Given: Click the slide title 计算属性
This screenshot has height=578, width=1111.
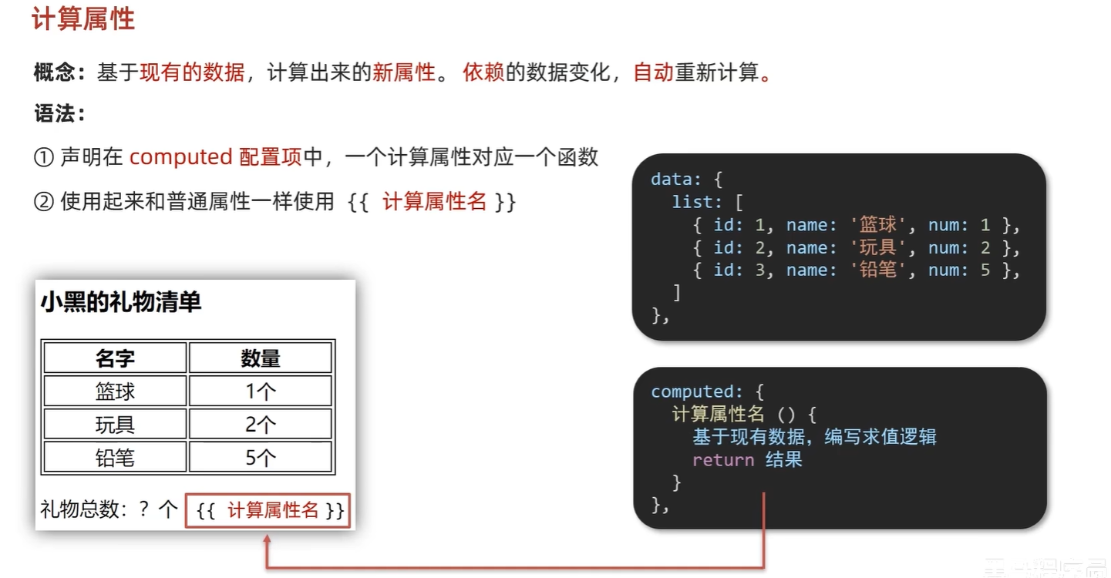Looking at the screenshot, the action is (x=83, y=19).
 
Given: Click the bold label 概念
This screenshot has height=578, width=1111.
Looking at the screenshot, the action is (x=54, y=73).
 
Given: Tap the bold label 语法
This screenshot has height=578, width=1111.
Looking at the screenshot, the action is (x=54, y=115).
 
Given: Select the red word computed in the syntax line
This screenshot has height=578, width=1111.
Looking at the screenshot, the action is (x=180, y=157).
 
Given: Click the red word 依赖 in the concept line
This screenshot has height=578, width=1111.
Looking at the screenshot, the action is (x=483, y=73).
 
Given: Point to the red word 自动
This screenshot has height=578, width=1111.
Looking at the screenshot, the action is (x=653, y=73).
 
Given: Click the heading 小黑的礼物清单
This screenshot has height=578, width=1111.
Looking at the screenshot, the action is (x=121, y=302).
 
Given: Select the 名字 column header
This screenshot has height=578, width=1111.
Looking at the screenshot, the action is (x=115, y=358).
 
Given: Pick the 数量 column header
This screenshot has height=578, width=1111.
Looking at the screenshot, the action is (x=261, y=358).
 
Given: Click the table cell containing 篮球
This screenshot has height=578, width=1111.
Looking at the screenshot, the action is (x=115, y=391).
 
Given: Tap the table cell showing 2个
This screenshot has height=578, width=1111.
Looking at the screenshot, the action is (x=261, y=425).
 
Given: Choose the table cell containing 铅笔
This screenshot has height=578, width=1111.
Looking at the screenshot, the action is (x=115, y=459).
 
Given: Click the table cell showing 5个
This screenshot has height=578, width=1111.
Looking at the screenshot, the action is (x=261, y=459).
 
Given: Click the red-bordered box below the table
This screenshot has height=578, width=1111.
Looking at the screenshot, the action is (x=268, y=511).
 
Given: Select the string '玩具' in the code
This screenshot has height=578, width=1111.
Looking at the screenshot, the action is (x=878, y=248).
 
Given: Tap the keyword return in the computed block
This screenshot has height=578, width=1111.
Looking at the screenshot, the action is (x=723, y=460).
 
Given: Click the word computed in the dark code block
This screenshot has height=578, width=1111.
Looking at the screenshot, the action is (x=692, y=391).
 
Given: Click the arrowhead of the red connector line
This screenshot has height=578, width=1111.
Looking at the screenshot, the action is (x=268, y=541).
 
